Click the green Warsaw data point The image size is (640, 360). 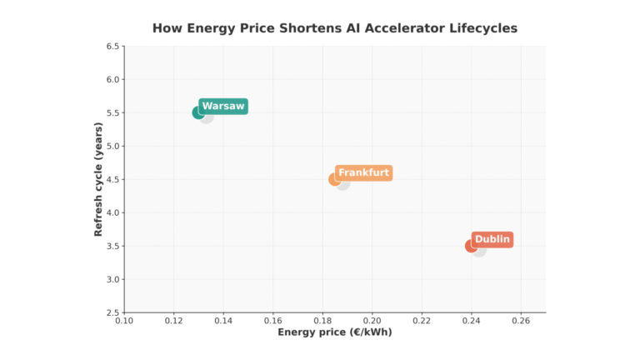pyautogui.click(x=198, y=112)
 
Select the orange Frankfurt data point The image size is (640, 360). pyautogui.click(x=335, y=179)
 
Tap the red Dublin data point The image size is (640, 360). pyautogui.click(x=472, y=246)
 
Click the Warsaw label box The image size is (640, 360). pyautogui.click(x=223, y=107)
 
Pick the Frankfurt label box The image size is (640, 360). pyautogui.click(x=363, y=173)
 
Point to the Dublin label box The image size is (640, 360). pyautogui.click(x=492, y=240)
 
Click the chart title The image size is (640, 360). pyautogui.click(x=334, y=28)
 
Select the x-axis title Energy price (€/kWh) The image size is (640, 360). pyautogui.click(x=334, y=332)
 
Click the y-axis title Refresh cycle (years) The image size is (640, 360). pyautogui.click(x=98, y=179)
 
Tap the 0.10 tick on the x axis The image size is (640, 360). pyautogui.click(x=124, y=320)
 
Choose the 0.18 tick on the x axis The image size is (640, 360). pyautogui.click(x=322, y=320)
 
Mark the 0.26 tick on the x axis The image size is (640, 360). pyautogui.click(x=521, y=320)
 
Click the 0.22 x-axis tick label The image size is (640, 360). pyautogui.click(x=422, y=320)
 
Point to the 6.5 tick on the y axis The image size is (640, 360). pyautogui.click(x=112, y=46)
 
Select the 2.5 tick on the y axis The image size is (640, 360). pyautogui.click(x=112, y=312)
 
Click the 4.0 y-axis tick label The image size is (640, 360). pyautogui.click(x=112, y=212)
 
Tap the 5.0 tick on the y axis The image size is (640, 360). pyautogui.click(x=112, y=146)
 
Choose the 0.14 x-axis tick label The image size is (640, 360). pyautogui.click(x=223, y=320)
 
